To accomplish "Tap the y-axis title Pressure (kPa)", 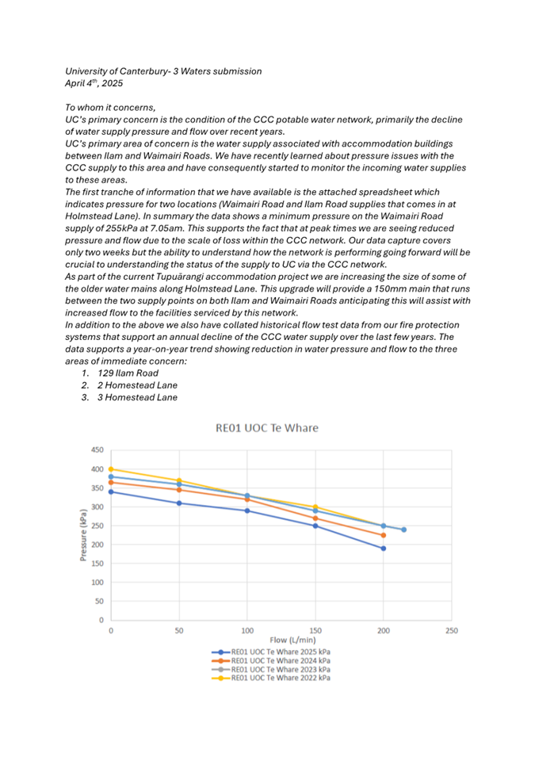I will pyautogui.click(x=83, y=535).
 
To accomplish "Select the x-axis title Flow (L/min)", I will pyautogui.click(x=281, y=637).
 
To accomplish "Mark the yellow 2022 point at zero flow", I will pyautogui.click(x=111, y=469).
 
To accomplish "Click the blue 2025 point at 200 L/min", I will pyautogui.click(x=383, y=549).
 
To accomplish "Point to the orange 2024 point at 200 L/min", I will pyautogui.click(x=383, y=536).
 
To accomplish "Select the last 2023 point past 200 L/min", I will pyautogui.click(x=403, y=530).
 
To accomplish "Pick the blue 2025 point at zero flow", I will pyautogui.click(x=111, y=491).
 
